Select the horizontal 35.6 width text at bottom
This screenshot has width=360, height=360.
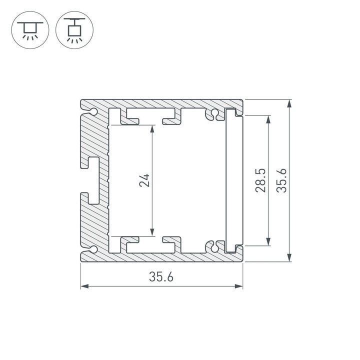pos(161,276)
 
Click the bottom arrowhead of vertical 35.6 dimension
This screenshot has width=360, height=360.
pos(290,257)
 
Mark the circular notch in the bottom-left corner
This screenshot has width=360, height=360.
pos(93,248)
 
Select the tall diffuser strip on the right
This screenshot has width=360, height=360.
pos(232,180)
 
